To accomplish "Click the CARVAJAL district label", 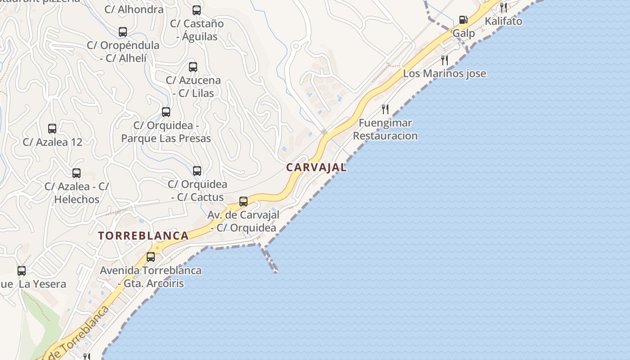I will tap(316, 167).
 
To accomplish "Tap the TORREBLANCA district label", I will tap(143, 236).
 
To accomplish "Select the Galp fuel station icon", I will tap(463, 20).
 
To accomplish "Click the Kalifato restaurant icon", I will tap(504, 7).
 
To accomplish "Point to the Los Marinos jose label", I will tap(444, 73).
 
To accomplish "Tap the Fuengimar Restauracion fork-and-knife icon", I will tap(385, 109).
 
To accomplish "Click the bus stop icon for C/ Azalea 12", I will tap(52, 129).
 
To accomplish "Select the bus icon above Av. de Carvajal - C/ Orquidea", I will tap(243, 201).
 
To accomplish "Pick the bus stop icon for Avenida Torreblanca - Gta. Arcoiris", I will tap(151, 257).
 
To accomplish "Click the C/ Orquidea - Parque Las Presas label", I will tap(166, 132).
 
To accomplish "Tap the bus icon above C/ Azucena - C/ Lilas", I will tap(193, 67).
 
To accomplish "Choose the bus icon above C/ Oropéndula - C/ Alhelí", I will tap(123, 32).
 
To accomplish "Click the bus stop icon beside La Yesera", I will tap(22, 271).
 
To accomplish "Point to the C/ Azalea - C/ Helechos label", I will tap(76, 193).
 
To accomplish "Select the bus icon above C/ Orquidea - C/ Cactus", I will tap(197, 171).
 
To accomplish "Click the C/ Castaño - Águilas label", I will tap(197, 30).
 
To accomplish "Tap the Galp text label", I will tap(463, 33).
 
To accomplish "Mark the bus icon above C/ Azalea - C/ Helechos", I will tap(76, 173).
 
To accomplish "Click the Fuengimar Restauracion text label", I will tap(385, 129).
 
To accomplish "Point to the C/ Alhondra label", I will tap(134, 9).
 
